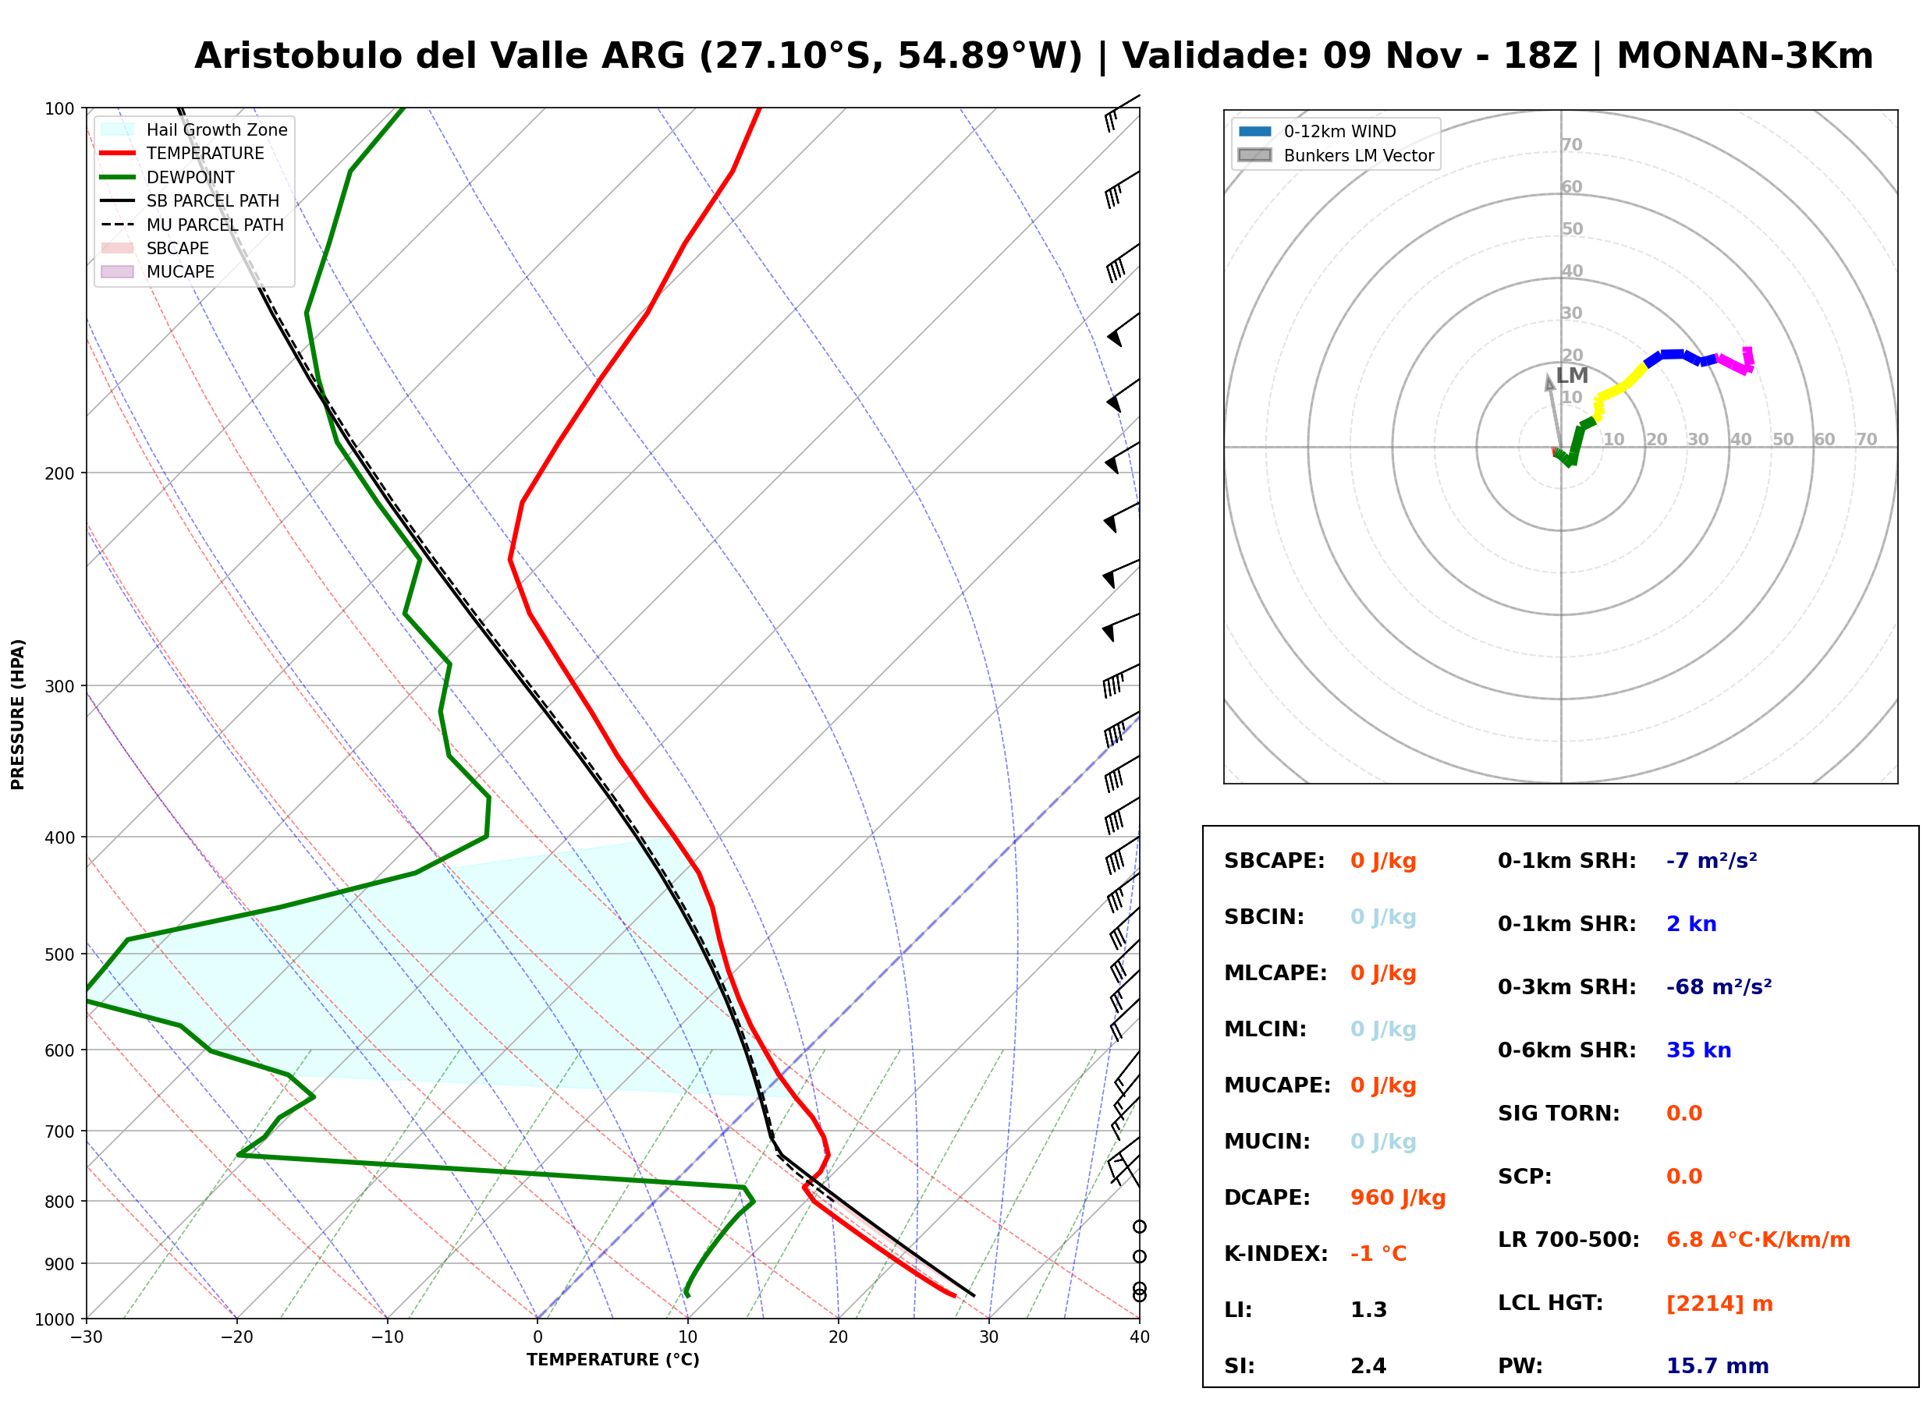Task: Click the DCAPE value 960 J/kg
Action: pyautogui.click(x=1397, y=1197)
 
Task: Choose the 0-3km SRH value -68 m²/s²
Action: pyautogui.click(x=1719, y=986)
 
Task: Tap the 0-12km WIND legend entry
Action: pyautogui.click(x=1318, y=131)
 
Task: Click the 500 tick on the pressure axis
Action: pyautogui.click(x=59, y=954)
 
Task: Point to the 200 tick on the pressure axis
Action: pyautogui.click(x=59, y=473)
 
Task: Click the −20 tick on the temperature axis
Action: pyautogui.click(x=236, y=1338)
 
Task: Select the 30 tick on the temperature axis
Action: pyautogui.click(x=989, y=1338)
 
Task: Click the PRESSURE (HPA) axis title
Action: pyautogui.click(x=18, y=714)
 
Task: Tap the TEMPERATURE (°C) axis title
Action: pyautogui.click(x=613, y=1361)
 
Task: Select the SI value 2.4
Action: pyautogui.click(x=1368, y=1365)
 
